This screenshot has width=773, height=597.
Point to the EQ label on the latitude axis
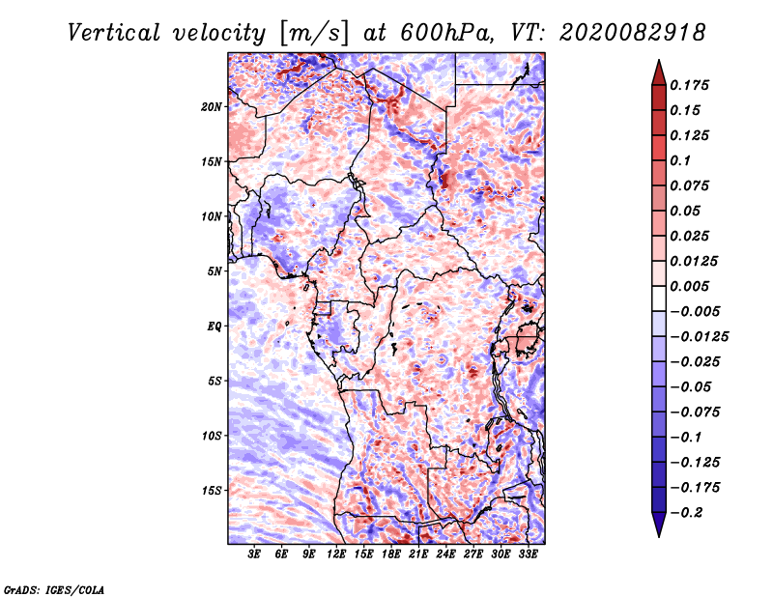(x=215, y=326)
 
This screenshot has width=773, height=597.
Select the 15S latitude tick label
(x=212, y=490)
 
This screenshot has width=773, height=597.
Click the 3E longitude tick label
(x=254, y=554)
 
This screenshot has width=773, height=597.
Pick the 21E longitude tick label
(x=418, y=554)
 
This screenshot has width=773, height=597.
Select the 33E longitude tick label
(x=528, y=554)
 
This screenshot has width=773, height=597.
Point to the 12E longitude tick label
(x=336, y=554)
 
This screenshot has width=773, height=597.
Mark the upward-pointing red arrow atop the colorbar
(x=657, y=69)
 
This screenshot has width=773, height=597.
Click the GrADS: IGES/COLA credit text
(x=54, y=587)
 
